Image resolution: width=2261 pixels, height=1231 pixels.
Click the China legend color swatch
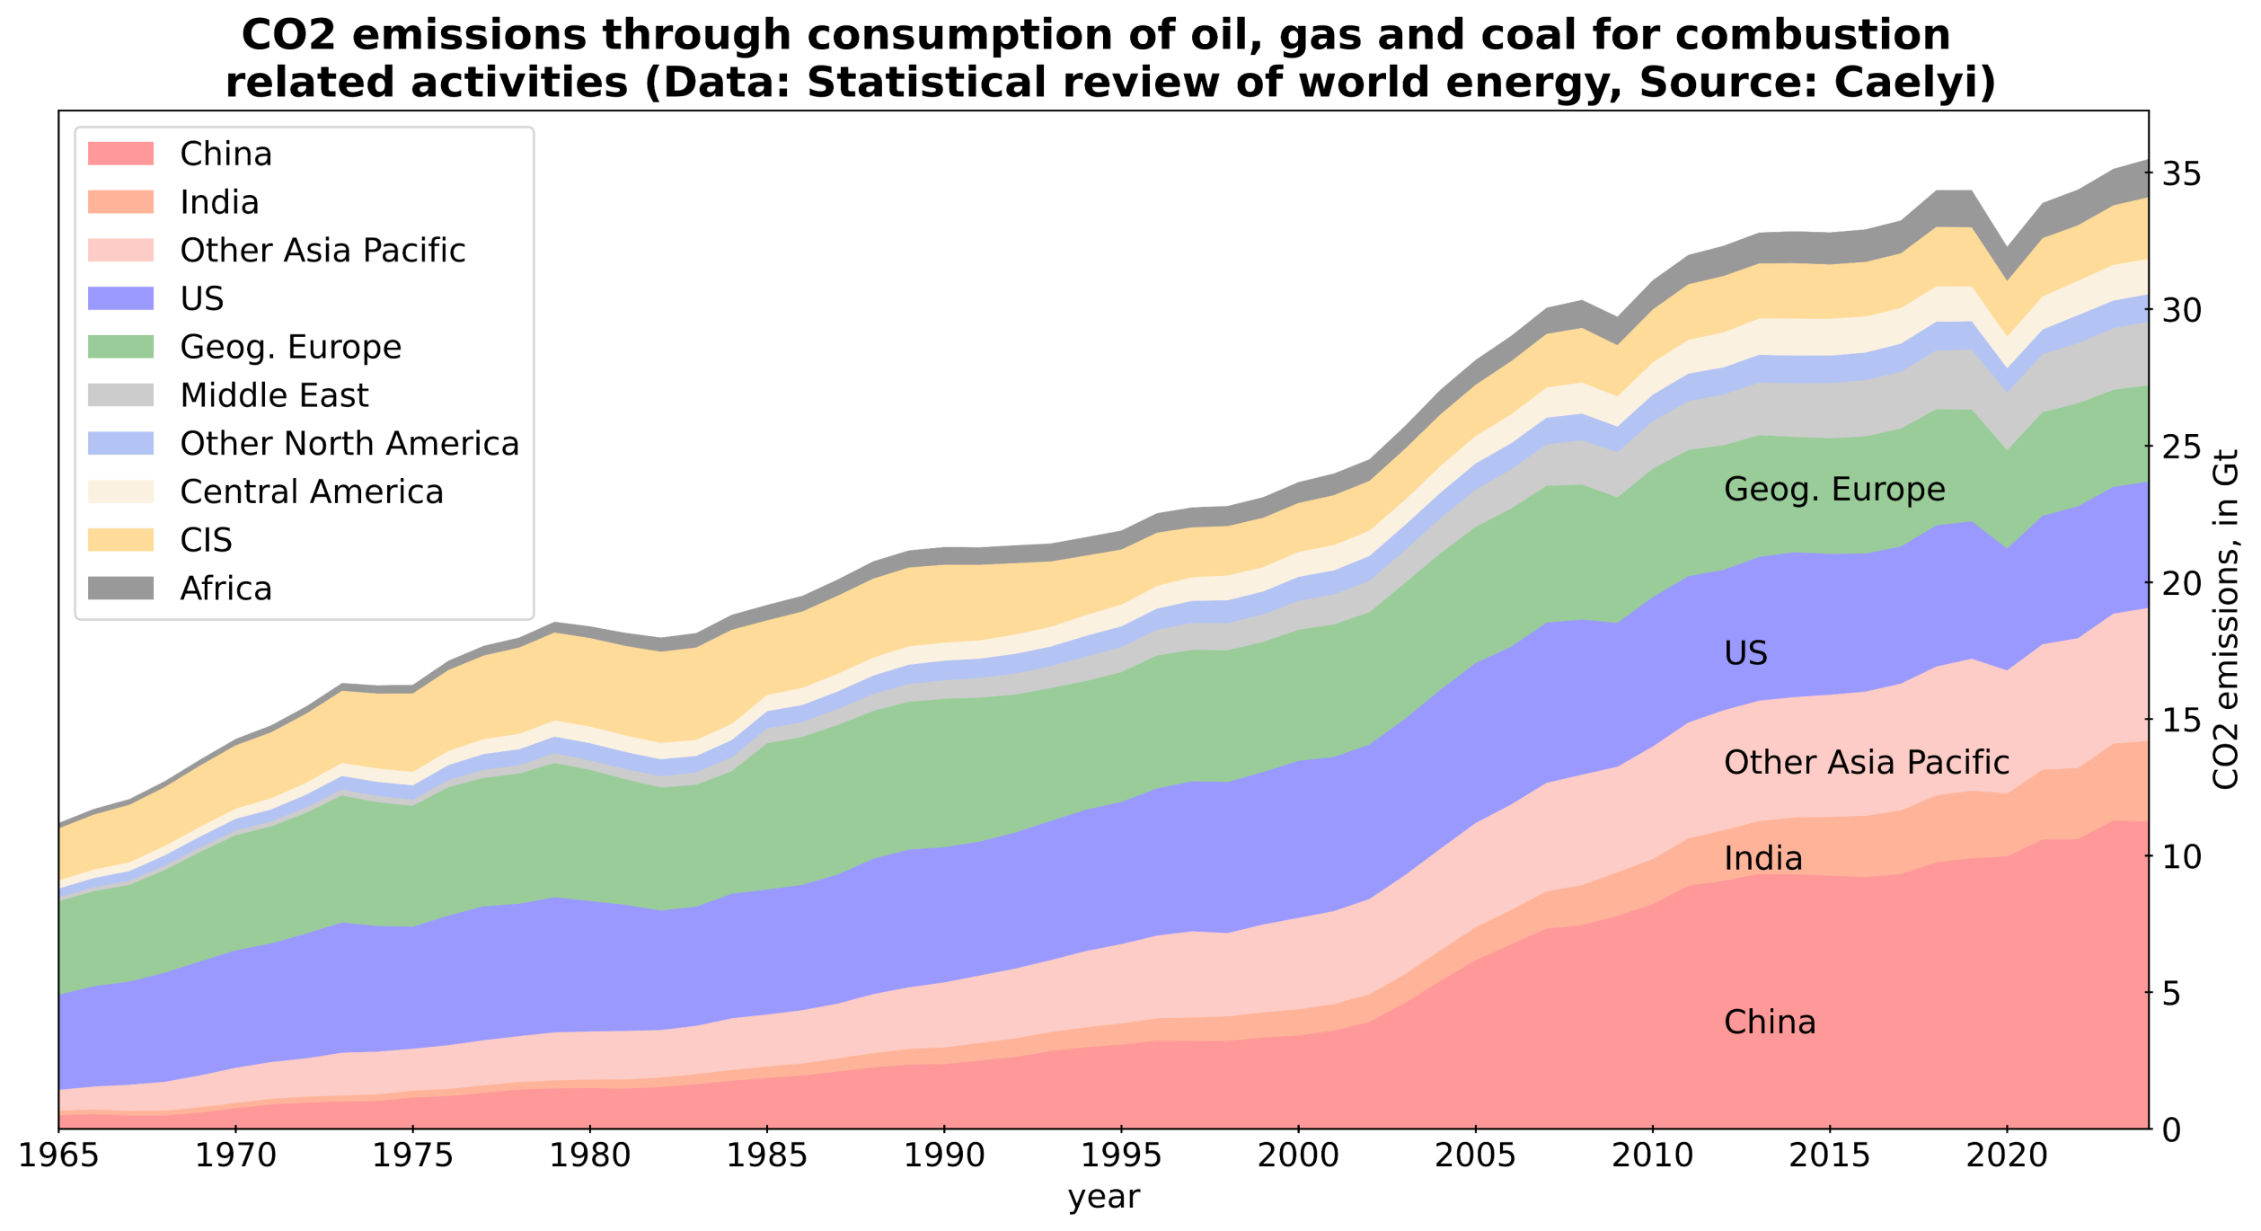[120, 154]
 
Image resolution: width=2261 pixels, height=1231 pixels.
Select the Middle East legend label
[274, 395]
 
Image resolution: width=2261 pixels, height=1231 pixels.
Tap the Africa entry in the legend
[225, 589]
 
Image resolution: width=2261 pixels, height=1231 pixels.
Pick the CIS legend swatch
[120, 540]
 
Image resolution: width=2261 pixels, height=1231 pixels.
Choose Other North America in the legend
[349, 444]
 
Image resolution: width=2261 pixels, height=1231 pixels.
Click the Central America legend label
[312, 492]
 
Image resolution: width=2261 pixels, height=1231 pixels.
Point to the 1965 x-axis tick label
[59, 1156]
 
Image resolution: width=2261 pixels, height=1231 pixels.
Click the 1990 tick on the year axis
[944, 1156]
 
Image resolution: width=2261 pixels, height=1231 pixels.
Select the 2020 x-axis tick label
[2006, 1156]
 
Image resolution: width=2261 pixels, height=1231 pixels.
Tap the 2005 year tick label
[1475, 1156]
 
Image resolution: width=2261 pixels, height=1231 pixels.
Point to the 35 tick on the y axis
[2181, 174]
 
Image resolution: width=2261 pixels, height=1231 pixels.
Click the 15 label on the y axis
[2181, 721]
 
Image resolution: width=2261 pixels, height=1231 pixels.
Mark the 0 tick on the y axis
[2171, 1130]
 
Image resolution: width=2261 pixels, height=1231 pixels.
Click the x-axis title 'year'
[1104, 1198]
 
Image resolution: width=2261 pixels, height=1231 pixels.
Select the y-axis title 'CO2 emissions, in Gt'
[2226, 620]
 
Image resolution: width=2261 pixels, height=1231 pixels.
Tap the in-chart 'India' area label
[1763, 859]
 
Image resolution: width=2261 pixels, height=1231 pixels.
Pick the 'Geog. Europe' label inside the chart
[1834, 490]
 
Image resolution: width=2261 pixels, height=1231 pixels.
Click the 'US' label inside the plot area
[1745, 653]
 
